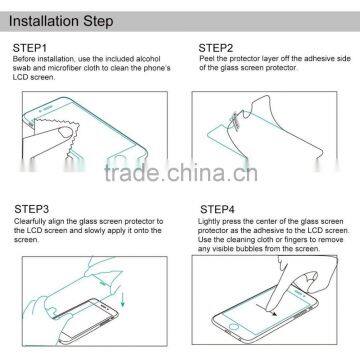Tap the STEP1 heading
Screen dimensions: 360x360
click(x=32, y=47)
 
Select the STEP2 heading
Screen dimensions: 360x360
click(x=216, y=47)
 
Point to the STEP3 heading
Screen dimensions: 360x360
click(x=32, y=206)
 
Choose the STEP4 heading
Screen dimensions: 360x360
click(x=217, y=206)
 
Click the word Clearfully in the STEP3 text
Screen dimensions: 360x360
click(x=31, y=217)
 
